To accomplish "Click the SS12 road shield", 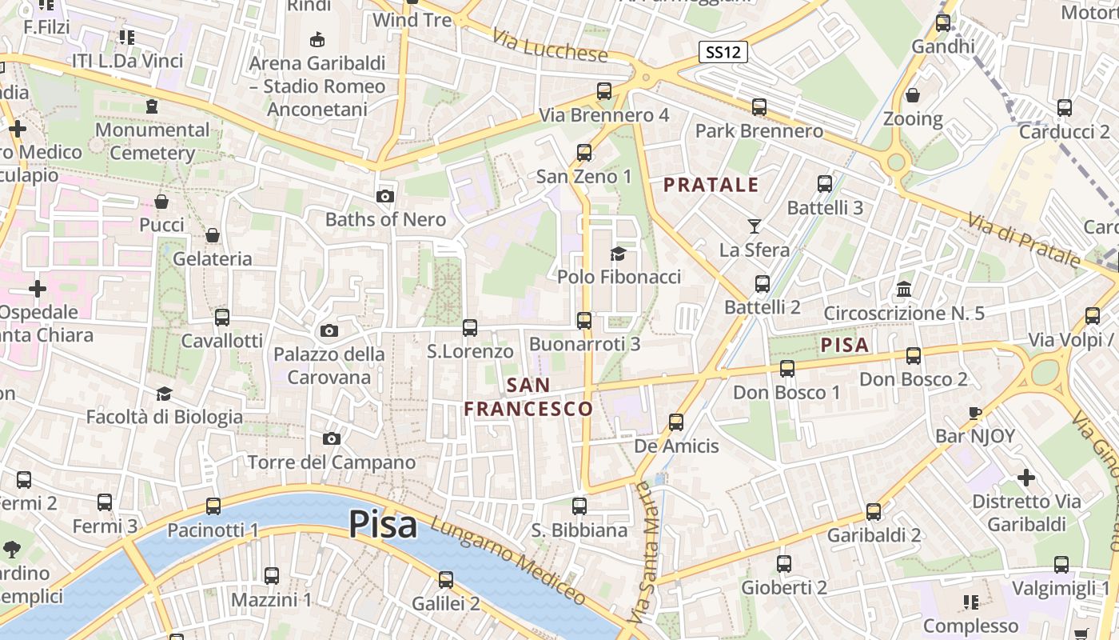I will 723,53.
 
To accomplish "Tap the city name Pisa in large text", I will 383,525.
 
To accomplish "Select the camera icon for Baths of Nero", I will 384,196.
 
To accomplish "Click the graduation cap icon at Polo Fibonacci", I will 619,254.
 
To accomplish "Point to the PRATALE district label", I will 711,185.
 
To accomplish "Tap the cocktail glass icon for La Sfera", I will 754,226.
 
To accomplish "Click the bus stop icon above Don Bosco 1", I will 787,369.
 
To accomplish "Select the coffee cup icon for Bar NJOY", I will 974,414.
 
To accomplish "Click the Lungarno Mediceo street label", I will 508,560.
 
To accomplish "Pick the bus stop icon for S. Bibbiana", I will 579,506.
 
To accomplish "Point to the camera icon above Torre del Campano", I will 331,438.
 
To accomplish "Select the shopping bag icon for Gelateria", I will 213,235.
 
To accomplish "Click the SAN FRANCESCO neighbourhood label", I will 528,397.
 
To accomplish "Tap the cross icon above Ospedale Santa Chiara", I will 38,289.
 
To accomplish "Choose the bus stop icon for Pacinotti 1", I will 213,506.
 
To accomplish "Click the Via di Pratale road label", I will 1023,239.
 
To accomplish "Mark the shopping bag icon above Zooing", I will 913,96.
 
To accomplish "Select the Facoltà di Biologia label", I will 164,417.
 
